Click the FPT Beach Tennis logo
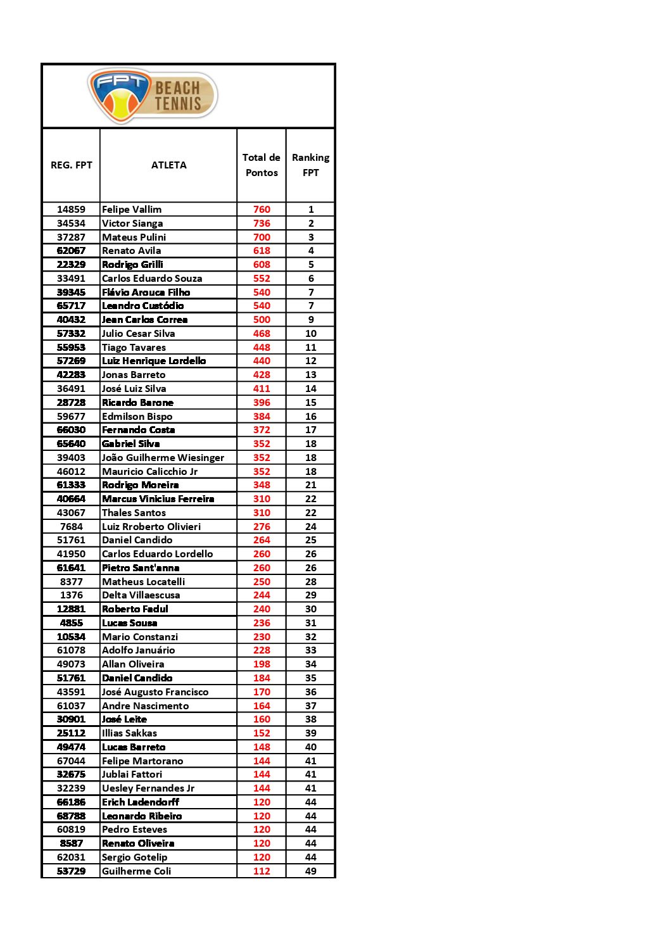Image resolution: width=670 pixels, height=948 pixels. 153,96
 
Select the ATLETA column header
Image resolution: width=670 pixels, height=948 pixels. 168,165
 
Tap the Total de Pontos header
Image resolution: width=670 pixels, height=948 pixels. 262,165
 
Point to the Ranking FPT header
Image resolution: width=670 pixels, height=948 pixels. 310,165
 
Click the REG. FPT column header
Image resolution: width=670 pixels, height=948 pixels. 72,165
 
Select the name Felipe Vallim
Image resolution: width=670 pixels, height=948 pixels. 132,210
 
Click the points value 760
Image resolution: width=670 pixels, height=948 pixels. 262,210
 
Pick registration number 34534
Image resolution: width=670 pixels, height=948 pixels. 71,224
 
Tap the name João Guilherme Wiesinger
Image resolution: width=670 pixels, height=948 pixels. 163,458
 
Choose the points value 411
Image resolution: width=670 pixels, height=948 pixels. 262,389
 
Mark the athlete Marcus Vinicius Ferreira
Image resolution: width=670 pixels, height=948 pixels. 158,499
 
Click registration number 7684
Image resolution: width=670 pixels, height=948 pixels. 71,527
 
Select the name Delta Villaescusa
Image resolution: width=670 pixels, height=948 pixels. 141,595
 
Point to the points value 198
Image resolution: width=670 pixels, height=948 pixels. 262,664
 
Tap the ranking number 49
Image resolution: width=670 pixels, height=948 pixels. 310,871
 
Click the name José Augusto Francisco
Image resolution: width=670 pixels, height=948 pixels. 155,692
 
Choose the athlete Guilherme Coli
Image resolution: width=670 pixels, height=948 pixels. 136,871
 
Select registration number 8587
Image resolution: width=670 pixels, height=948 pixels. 71,844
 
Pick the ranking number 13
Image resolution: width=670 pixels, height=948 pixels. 310,375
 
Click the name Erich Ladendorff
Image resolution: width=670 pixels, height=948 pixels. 141,802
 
